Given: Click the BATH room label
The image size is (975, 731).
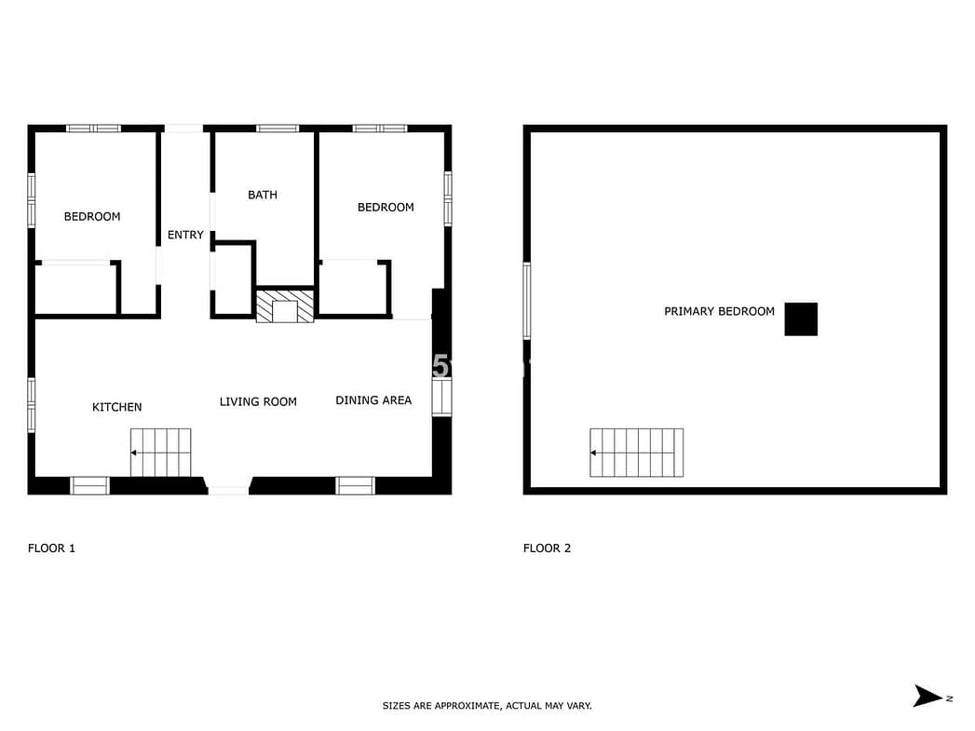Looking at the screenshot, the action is tap(263, 196).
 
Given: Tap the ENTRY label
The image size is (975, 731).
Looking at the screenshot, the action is tap(185, 235).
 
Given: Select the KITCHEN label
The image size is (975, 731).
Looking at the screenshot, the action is tap(117, 407).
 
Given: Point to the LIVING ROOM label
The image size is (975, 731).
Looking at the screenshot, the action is tap(258, 402).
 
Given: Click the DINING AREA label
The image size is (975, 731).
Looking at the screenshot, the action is tap(373, 400).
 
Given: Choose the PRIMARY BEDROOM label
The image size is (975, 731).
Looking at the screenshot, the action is tap(720, 311).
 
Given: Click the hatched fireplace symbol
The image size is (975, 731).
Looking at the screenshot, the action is tap(285, 305).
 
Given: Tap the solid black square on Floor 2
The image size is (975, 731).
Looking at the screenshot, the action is tap(801, 318).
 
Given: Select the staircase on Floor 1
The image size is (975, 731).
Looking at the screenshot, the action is tap(160, 453).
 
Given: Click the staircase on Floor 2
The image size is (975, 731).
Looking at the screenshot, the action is tap(637, 453).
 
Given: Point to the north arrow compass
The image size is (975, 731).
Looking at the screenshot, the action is tap(928, 697).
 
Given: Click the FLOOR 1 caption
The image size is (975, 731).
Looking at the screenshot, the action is tap(51, 548).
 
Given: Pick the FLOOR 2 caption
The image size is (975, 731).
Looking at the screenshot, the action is tap(548, 548).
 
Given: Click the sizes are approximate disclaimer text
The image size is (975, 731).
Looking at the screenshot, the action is tap(487, 706).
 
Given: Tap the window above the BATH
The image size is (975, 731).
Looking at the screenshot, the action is tap(278, 129).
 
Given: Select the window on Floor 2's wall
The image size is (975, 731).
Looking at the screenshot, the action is tap(527, 301).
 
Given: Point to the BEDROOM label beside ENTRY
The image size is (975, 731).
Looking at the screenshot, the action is tap(92, 217).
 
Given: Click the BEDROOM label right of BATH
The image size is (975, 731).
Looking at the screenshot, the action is tap(386, 208).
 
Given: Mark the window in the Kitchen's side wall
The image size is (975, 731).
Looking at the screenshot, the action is tap(32, 405).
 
